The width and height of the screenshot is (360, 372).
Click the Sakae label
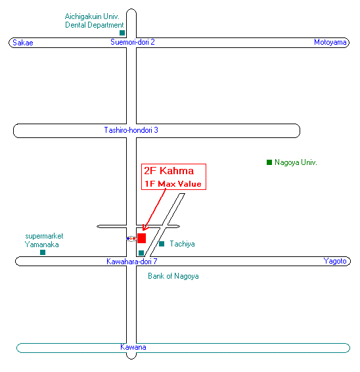click(x=23, y=43)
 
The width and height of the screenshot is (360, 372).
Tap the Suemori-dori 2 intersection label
click(x=133, y=42)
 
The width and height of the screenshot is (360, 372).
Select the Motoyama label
click(x=330, y=42)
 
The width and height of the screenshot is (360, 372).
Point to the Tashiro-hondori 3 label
click(x=131, y=130)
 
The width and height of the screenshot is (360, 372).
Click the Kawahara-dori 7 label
click(x=132, y=261)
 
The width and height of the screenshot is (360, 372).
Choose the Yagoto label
click(x=335, y=261)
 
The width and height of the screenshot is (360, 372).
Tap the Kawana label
click(x=133, y=347)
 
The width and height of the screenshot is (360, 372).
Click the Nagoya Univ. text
click(x=296, y=162)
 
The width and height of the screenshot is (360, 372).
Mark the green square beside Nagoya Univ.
click(x=269, y=162)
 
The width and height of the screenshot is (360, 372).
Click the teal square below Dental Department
click(x=122, y=33)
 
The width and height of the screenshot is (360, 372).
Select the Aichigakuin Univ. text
click(x=92, y=16)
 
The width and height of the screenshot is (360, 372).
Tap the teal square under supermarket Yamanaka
click(x=43, y=252)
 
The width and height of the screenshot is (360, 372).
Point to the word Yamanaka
click(x=42, y=244)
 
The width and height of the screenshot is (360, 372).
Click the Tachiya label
click(x=182, y=244)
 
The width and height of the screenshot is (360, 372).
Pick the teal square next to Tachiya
click(x=162, y=244)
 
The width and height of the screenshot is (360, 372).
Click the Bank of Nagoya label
click(x=173, y=276)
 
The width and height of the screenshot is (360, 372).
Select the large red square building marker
click(x=142, y=238)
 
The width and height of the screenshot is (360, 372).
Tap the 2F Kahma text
click(x=169, y=171)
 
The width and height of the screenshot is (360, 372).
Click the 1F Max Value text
click(x=173, y=184)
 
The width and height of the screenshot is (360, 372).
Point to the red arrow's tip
click(x=143, y=230)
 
